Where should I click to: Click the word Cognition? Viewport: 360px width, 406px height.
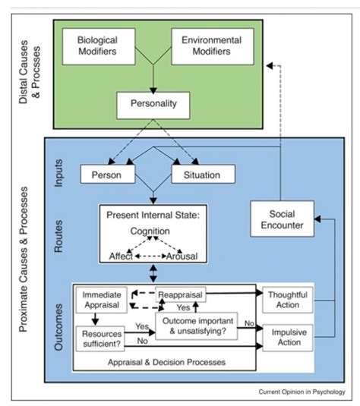click(155, 230)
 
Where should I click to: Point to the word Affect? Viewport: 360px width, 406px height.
click(120, 257)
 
